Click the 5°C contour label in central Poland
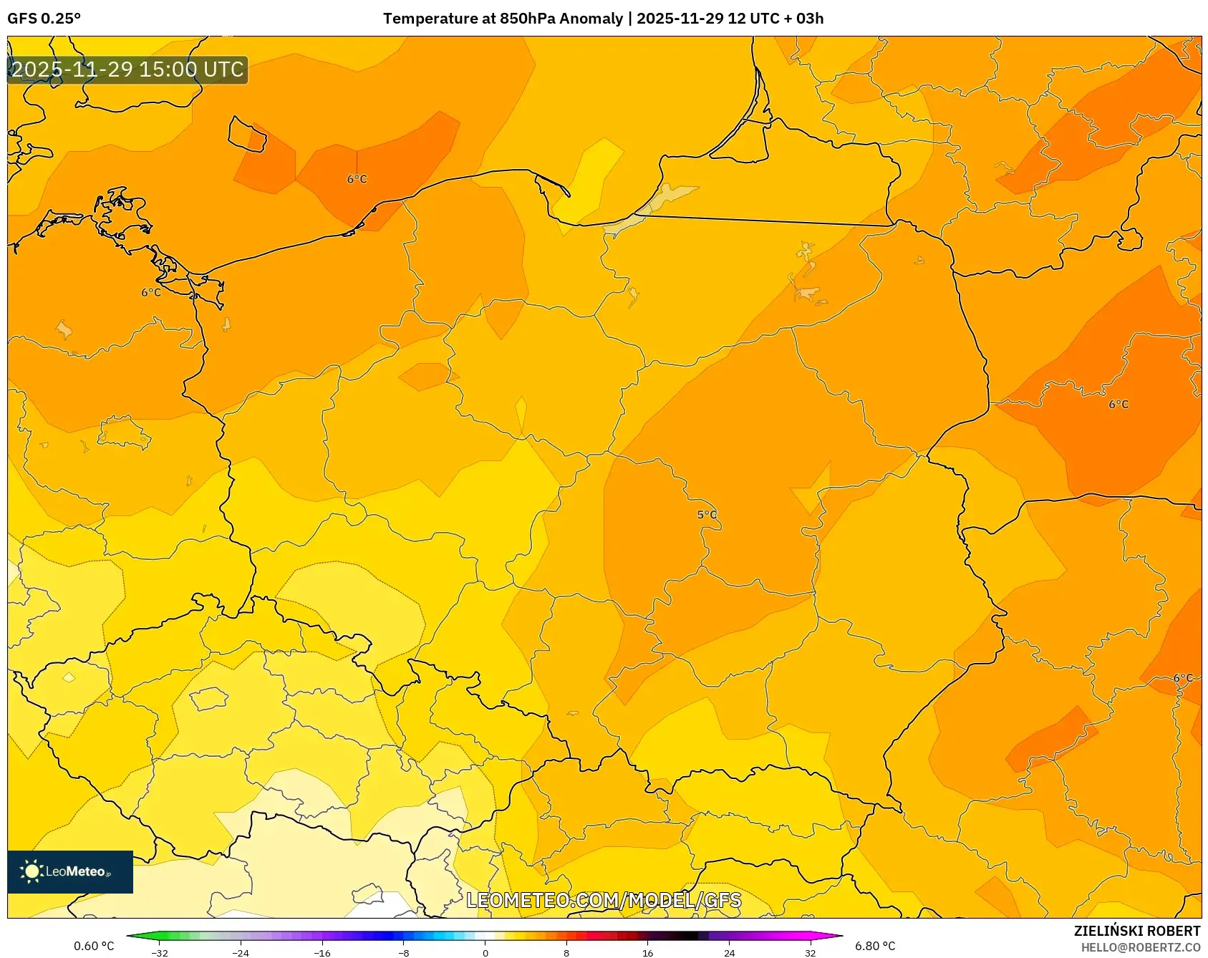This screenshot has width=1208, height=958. [x=707, y=515]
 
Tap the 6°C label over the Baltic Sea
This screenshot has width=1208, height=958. [x=357, y=179]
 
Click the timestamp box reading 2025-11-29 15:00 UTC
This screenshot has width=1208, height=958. [x=127, y=70]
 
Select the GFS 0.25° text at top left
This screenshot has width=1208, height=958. [x=44, y=19]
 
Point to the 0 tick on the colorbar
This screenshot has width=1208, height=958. [x=485, y=952]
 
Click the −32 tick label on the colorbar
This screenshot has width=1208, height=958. [x=160, y=952]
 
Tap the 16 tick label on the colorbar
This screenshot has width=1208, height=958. [x=647, y=952]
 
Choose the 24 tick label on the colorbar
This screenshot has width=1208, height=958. [x=729, y=952]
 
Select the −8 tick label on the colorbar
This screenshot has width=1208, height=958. [x=404, y=952]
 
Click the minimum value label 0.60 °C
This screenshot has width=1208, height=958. [x=94, y=946]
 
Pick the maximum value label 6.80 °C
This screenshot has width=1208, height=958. [x=875, y=946]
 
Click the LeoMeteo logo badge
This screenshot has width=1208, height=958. [x=70, y=871]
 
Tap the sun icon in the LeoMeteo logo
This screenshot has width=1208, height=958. [x=32, y=871]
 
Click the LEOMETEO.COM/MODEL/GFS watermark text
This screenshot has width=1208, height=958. [x=604, y=900]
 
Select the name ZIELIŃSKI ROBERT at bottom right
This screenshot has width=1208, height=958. [x=1136, y=931]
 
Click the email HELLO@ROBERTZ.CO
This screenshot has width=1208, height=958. [x=1140, y=947]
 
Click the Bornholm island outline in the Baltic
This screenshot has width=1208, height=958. [x=247, y=135]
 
